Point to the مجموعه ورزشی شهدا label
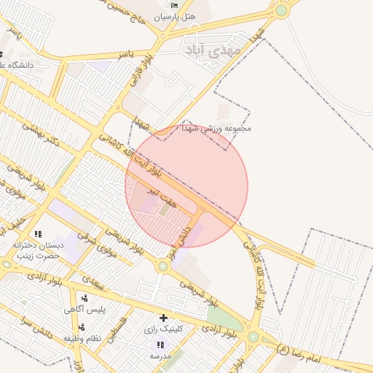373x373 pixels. click(223, 127)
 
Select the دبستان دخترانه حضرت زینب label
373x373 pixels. click(39, 251)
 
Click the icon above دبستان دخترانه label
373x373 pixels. click(38, 234)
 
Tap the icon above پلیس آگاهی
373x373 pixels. click(85, 298)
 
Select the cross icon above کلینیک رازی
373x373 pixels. click(163, 318)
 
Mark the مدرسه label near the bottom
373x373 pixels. click(160, 356)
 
